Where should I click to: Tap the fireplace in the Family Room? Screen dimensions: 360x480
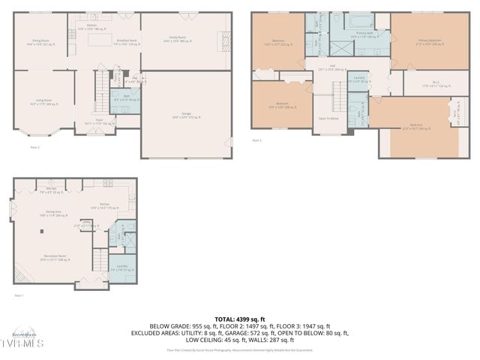point(221,40)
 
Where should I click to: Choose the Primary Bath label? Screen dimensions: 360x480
point(365,34)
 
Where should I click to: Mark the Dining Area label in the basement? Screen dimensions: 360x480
point(53,214)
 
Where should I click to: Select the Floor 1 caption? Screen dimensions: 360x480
point(19,295)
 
